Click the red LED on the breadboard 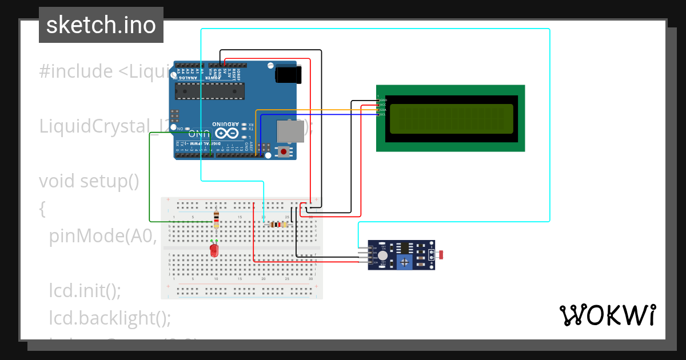tap(214, 250)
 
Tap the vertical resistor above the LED tap(216, 219)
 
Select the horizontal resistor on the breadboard tap(278, 225)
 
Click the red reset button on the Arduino tap(284, 151)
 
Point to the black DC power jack tap(288, 75)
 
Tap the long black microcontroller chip tap(209, 90)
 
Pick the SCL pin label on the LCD tap(383, 114)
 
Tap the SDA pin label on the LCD tap(383, 110)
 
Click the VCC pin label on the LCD tap(383, 105)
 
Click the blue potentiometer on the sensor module tap(405, 262)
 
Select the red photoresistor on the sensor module tap(442, 254)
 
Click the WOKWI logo tap(607, 315)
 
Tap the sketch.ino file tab tap(101, 25)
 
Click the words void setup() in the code tap(89, 181)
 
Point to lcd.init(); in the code tap(85, 290)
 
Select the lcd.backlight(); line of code tap(110, 318)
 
